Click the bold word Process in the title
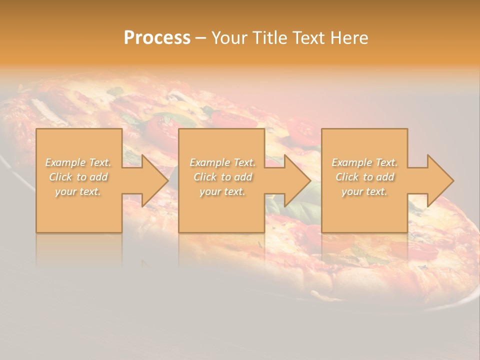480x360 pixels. (x=157, y=38)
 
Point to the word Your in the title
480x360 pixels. (x=229, y=38)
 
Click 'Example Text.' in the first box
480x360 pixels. (x=78, y=162)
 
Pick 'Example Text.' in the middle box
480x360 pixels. (x=222, y=162)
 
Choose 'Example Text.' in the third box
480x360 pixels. (x=364, y=162)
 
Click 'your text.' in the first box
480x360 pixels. (x=78, y=191)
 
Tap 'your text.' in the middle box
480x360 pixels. (x=222, y=191)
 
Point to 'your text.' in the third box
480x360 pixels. (x=364, y=191)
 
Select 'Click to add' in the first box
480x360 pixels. (x=78, y=177)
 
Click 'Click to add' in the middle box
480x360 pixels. (x=222, y=177)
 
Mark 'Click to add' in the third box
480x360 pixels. (x=364, y=177)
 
